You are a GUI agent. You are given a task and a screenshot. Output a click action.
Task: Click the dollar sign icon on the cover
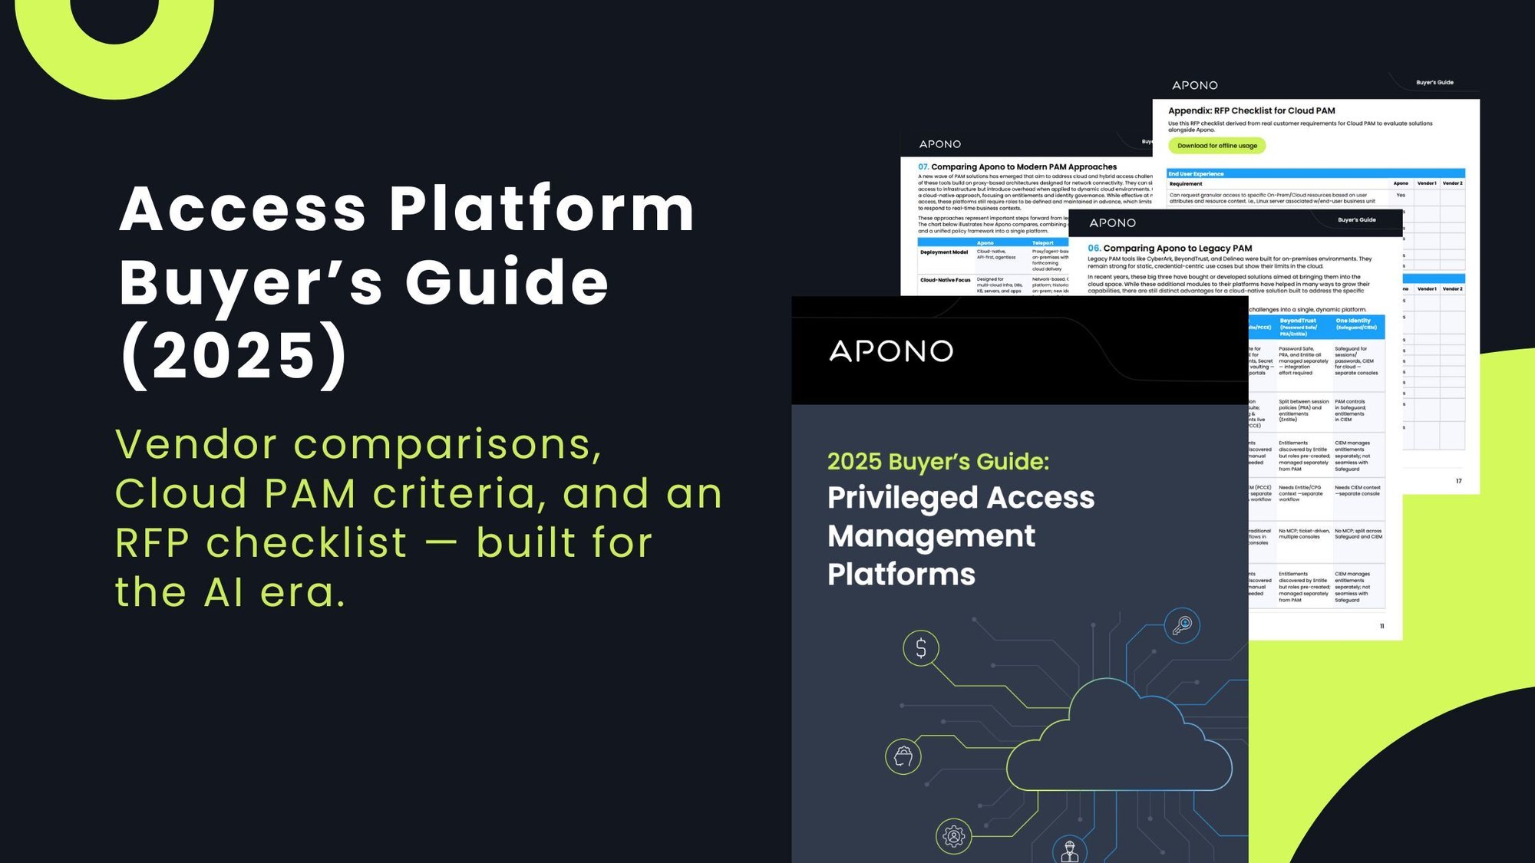921,648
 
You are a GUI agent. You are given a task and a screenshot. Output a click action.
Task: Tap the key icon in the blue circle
1182,625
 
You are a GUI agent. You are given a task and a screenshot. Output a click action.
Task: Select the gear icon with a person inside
954,835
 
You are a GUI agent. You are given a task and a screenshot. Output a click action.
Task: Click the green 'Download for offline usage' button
1216,146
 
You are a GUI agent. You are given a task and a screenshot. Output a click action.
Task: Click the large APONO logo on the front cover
891,351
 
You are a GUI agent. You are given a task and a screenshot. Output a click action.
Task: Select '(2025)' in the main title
234,355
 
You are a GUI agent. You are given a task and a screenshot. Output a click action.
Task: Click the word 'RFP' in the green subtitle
153,543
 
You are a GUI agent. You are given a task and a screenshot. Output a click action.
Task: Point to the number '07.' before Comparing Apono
923,166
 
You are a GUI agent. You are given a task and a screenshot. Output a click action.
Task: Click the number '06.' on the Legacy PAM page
1094,248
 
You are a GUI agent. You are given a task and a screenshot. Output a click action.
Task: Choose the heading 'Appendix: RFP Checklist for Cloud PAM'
1251,110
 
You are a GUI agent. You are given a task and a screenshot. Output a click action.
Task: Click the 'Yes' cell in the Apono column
1401,196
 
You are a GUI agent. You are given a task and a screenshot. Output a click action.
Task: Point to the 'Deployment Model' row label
944,252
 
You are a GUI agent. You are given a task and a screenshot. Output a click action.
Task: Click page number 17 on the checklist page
1458,481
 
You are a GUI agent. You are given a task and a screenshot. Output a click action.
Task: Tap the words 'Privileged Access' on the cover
961,498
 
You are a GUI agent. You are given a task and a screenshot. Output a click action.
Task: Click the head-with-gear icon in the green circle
903,756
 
